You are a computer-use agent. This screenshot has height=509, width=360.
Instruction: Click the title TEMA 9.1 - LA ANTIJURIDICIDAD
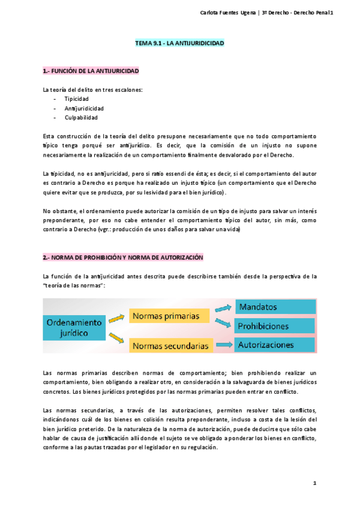pos(179,44)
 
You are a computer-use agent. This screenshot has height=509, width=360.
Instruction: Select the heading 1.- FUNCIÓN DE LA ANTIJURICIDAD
pos(91,71)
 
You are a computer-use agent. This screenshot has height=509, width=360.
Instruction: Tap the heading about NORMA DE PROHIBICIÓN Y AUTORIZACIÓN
pos(123,258)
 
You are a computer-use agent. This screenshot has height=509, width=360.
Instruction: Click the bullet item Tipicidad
pos(77,98)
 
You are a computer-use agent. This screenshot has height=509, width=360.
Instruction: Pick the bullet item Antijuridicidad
pos(84,108)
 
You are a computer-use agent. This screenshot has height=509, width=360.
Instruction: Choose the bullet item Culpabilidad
pos(81,118)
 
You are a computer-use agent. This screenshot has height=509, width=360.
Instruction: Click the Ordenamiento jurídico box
pos(74,327)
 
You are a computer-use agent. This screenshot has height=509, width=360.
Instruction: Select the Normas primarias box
pos(169,316)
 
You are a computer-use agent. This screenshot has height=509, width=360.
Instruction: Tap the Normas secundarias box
pos(170,346)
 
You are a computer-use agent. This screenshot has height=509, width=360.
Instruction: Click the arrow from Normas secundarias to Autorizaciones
pos(224,345)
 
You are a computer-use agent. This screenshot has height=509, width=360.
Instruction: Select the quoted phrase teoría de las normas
pos(74,285)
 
